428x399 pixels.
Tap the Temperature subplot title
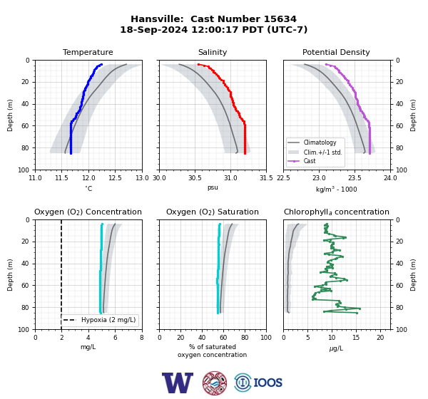click(88, 52)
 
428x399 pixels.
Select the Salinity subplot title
click(213, 52)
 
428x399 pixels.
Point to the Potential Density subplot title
click(336, 52)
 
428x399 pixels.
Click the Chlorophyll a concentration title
click(337, 212)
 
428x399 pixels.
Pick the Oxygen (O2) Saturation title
click(213, 212)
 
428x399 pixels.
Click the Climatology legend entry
click(320, 142)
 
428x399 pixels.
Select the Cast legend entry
click(310, 161)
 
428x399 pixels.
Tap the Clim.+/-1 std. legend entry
click(322, 152)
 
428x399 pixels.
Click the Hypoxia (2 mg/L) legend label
click(108, 320)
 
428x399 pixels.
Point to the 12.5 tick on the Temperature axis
click(115, 178)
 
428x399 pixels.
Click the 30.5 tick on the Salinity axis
click(195, 178)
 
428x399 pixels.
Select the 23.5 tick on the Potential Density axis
click(355, 178)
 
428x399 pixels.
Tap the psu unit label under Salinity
click(213, 187)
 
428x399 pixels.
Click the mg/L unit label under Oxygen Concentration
click(88, 347)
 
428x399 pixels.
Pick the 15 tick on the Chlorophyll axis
click(356, 338)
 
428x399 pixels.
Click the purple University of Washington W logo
click(178, 383)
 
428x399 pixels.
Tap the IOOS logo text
click(267, 383)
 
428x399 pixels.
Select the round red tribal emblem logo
click(215, 383)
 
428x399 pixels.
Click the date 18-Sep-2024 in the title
click(154, 29)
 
